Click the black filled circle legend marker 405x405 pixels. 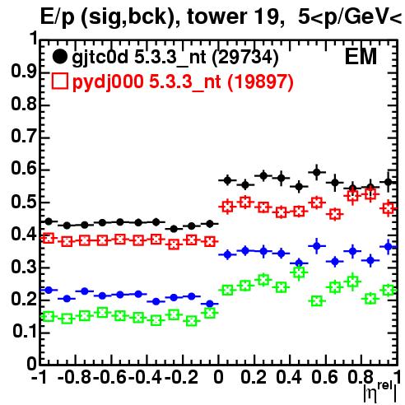coord(59,57)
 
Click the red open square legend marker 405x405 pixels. coord(60,81)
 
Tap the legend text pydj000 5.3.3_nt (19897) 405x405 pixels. coord(183,82)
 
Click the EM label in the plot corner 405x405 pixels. coord(361,57)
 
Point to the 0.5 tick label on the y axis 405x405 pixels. coord(24,202)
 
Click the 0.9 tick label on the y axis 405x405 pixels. coord(24,72)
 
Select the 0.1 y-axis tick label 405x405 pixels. coord(24,332)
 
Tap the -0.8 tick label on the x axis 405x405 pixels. coord(75,377)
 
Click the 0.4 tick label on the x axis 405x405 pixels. coord(289,377)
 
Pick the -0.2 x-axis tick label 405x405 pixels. coord(181,377)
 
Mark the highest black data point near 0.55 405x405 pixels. coord(317,172)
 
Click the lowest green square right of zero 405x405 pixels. coord(317,301)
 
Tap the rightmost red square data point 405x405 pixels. coord(389,208)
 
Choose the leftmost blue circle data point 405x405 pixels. coord(49,290)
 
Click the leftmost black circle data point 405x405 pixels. coord(49,221)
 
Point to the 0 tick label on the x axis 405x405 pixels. coord(218,377)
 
